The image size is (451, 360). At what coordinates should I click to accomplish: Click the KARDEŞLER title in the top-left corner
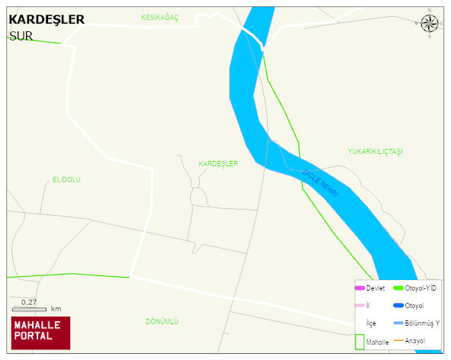[47, 20]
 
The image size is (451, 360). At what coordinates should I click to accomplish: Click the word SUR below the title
[21, 35]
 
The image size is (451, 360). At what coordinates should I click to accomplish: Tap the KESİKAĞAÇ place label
[159, 17]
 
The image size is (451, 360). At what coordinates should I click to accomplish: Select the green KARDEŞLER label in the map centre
[218, 164]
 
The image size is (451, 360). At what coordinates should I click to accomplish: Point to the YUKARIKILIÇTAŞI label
[375, 152]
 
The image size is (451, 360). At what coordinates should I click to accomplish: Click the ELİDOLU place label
[66, 180]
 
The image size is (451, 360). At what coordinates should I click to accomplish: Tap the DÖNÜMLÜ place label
[162, 322]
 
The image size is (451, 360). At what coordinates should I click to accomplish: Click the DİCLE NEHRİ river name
[321, 184]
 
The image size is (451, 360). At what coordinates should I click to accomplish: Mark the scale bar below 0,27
[29, 309]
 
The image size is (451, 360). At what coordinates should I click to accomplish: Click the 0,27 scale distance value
[29, 302]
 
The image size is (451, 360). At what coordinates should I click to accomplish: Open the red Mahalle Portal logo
[40, 333]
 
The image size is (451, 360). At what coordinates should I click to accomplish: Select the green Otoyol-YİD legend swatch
[398, 288]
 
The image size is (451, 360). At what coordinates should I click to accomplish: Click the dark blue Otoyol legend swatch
[398, 305]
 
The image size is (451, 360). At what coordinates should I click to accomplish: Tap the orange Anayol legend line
[398, 340]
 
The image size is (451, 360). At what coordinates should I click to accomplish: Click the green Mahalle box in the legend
[359, 342]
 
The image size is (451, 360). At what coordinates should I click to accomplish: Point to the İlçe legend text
[372, 323]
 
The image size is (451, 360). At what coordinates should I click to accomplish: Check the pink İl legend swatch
[359, 305]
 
